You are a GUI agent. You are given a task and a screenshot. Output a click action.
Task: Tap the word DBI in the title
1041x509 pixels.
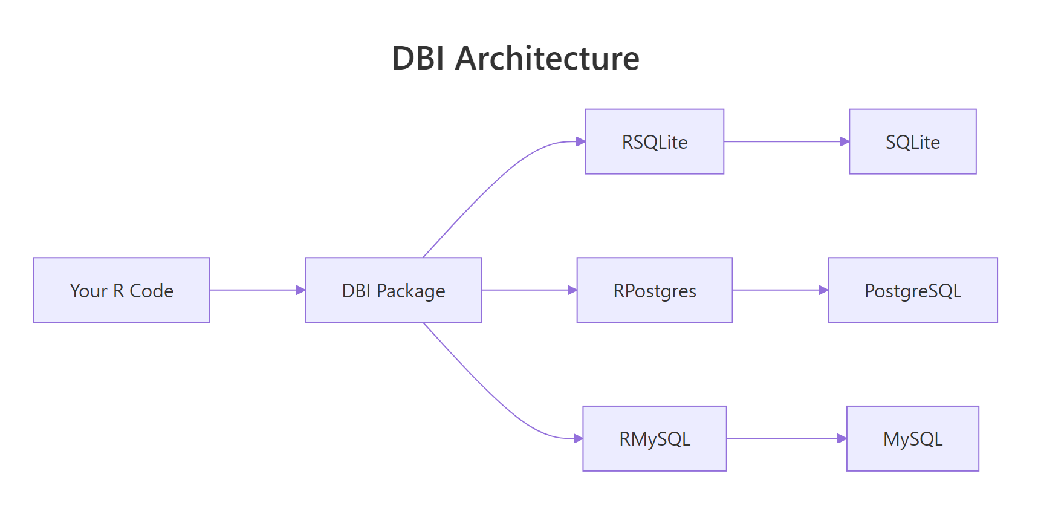point(418,59)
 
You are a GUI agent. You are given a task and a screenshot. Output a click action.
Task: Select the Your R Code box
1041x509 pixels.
point(122,290)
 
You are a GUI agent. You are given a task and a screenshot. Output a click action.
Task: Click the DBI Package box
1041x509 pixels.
point(393,290)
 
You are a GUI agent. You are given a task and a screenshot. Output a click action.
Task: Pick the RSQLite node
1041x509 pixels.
point(654,141)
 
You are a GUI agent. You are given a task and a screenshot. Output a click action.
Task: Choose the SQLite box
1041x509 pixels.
point(912,141)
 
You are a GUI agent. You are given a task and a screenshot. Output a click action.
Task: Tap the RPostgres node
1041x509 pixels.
point(654,290)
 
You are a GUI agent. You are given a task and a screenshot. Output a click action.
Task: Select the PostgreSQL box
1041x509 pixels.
point(912,290)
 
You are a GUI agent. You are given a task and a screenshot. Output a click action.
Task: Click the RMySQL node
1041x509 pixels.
point(654,438)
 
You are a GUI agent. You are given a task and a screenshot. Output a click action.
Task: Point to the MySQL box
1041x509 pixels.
point(912,438)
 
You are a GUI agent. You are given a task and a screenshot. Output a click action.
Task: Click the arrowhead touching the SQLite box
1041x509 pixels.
point(845,141)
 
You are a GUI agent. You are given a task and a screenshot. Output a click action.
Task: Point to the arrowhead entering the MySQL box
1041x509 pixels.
point(842,438)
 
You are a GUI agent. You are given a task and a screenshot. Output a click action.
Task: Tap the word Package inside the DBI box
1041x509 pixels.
point(410,291)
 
